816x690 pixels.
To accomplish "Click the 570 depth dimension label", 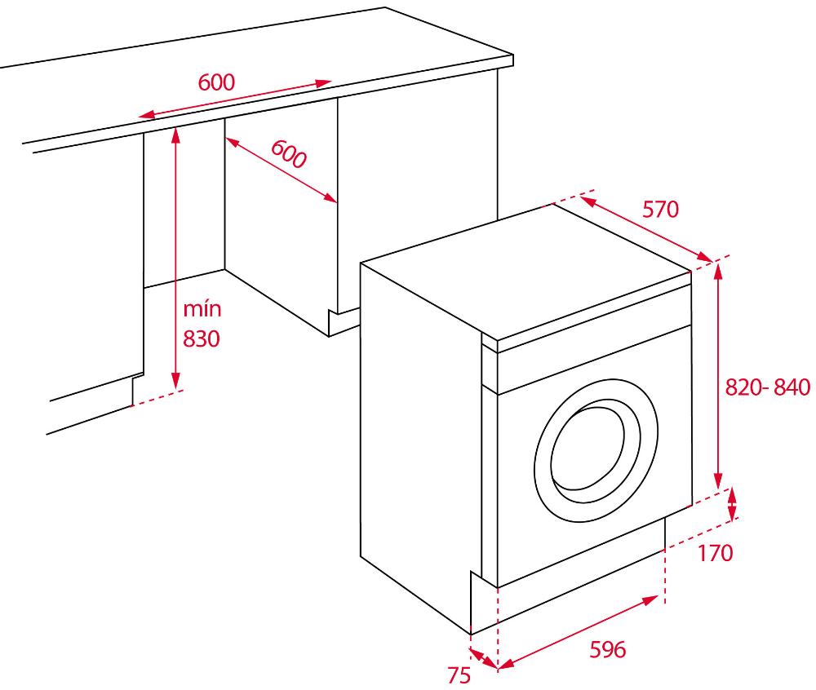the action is click(x=660, y=209).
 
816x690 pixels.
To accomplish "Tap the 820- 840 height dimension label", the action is click(x=768, y=387).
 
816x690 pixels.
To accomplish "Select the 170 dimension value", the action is click(x=715, y=553).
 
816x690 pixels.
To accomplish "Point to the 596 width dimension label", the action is click(x=607, y=649).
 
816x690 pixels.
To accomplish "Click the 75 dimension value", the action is click(x=459, y=675).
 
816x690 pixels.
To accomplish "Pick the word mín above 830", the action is click(x=202, y=309).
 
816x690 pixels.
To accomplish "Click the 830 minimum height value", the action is click(x=202, y=338).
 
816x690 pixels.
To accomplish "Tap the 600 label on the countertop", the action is click(x=216, y=82).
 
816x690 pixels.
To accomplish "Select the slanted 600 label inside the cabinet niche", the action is click(x=289, y=154).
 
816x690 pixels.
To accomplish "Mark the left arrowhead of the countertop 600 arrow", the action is click(x=147, y=115).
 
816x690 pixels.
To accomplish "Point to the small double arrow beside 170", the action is click(x=732, y=504).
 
